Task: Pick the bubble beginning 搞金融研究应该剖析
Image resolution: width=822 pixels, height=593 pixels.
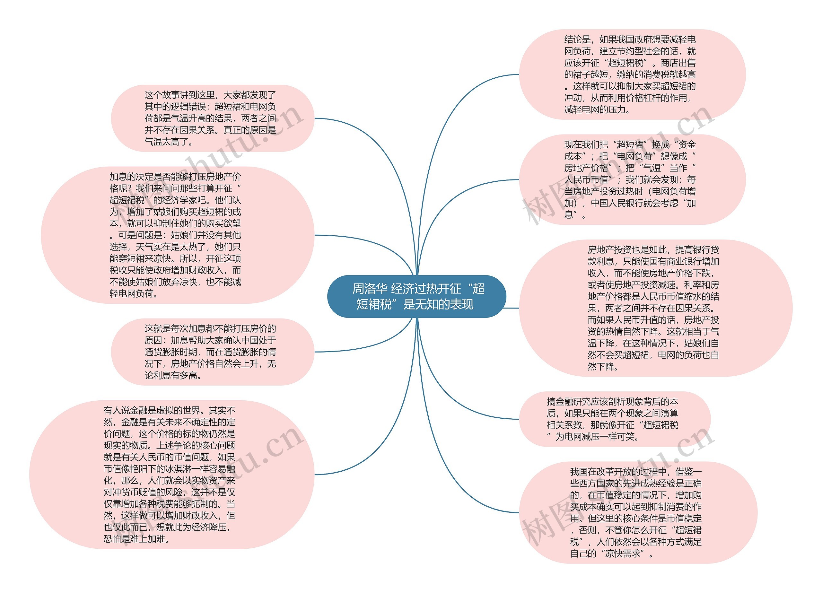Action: (x=614, y=419)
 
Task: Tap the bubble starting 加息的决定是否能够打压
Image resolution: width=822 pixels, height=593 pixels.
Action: (x=177, y=235)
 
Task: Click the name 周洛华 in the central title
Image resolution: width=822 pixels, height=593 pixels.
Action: (x=370, y=289)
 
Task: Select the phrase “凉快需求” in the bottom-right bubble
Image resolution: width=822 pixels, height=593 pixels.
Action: (x=623, y=554)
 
